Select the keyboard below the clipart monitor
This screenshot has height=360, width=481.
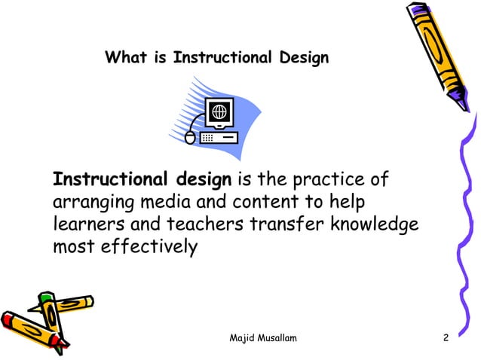(219, 138)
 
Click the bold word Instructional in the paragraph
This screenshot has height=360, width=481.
(110, 181)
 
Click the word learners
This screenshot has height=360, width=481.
(86, 225)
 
